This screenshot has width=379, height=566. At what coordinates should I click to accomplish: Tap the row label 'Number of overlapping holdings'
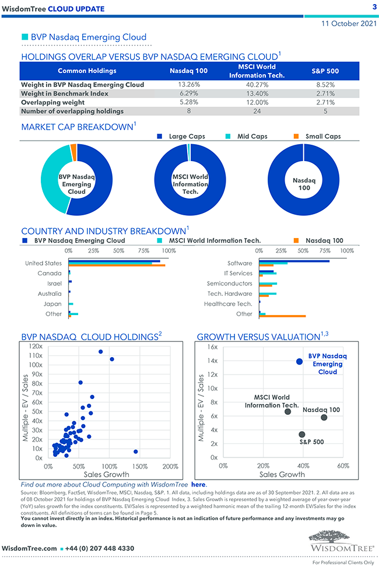click(72, 111)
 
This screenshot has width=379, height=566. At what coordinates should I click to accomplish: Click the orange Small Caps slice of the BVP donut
click(73, 152)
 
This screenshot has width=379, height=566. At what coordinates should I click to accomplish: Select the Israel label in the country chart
click(54, 283)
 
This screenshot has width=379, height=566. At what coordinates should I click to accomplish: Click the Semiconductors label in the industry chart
click(230, 283)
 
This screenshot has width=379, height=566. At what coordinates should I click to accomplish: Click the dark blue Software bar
click(294, 261)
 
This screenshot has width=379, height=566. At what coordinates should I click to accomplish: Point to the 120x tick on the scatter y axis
click(36, 346)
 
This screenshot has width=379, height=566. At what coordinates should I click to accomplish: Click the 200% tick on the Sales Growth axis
click(170, 467)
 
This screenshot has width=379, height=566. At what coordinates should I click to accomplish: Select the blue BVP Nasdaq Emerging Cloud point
click(299, 362)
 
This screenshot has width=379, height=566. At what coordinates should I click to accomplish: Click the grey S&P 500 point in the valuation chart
click(302, 434)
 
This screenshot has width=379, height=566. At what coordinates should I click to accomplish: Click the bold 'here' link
click(198, 484)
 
